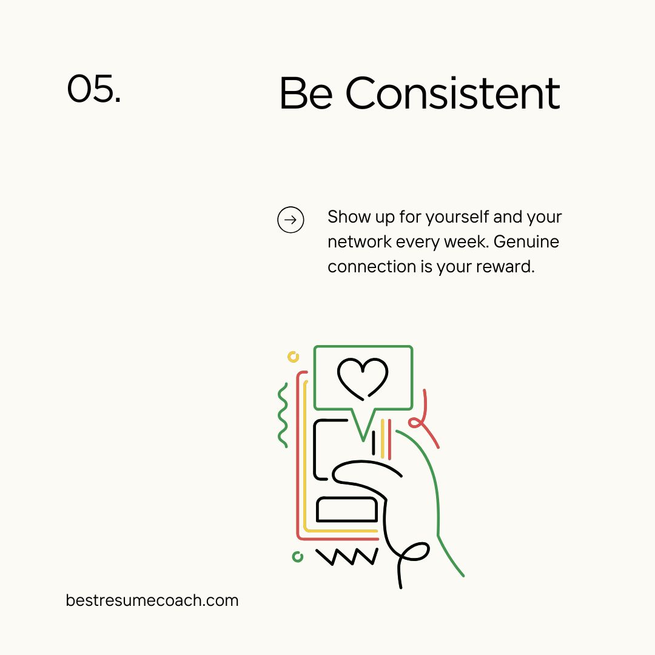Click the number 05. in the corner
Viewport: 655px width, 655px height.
93,89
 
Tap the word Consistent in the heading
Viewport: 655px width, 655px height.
452,93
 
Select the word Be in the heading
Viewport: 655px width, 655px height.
306,93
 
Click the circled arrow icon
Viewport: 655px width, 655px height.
291,220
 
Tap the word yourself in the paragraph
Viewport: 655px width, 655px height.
457,217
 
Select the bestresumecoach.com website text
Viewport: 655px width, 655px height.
152,600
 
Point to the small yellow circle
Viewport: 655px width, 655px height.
294,357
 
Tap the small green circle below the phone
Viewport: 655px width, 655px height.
297,556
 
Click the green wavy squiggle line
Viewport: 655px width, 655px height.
283,415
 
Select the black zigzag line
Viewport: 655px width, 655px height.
347,556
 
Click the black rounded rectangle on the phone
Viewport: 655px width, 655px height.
347,509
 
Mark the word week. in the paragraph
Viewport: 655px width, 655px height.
471,242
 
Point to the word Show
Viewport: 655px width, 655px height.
345,217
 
